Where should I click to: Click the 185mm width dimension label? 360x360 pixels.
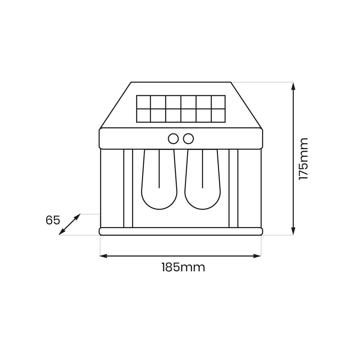coord(183,267)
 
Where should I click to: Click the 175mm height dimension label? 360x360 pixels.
coord(303,159)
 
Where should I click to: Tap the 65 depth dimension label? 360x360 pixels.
coord(53,220)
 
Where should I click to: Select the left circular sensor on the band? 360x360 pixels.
coord(173,139)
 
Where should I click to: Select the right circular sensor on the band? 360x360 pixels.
coord(188,139)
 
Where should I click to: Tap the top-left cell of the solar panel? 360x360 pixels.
coord(144,102)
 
